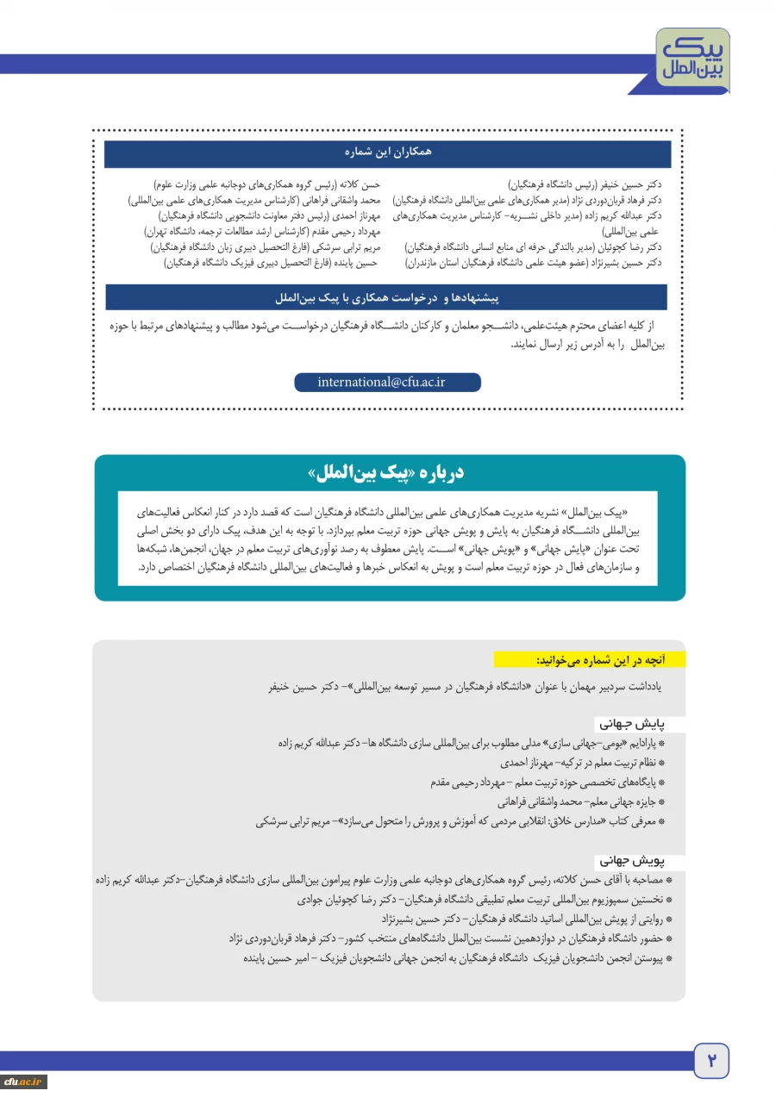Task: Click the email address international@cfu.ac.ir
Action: (x=387, y=382)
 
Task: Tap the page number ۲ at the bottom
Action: (x=711, y=1060)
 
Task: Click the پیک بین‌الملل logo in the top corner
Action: (x=692, y=60)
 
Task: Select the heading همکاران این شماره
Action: (x=387, y=153)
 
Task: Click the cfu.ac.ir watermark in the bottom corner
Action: (x=23, y=1081)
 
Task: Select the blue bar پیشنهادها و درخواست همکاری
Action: (x=387, y=297)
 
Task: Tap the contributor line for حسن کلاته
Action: (x=266, y=184)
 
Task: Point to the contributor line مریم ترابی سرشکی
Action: (x=265, y=247)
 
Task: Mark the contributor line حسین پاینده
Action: (x=272, y=263)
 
